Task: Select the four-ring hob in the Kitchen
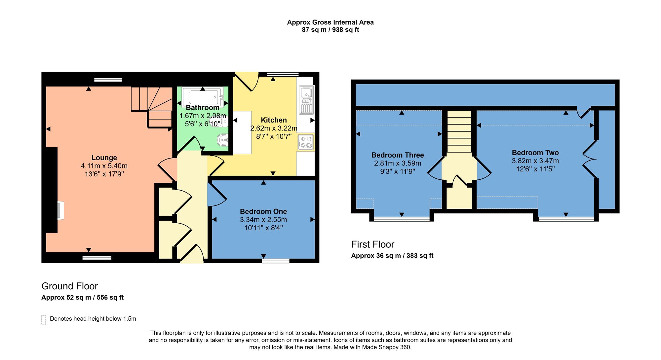click(306, 142)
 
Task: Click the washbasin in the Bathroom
click(223, 140)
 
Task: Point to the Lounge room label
click(104, 158)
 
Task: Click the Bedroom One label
click(263, 211)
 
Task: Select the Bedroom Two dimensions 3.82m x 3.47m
click(535, 161)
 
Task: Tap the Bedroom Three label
click(397, 155)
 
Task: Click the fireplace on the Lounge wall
click(60, 210)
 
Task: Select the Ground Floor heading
click(69, 286)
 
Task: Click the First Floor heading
click(372, 244)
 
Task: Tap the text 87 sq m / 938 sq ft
click(330, 30)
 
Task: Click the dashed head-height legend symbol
click(44, 320)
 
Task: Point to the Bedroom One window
click(276, 261)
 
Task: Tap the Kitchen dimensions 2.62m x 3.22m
click(274, 128)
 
